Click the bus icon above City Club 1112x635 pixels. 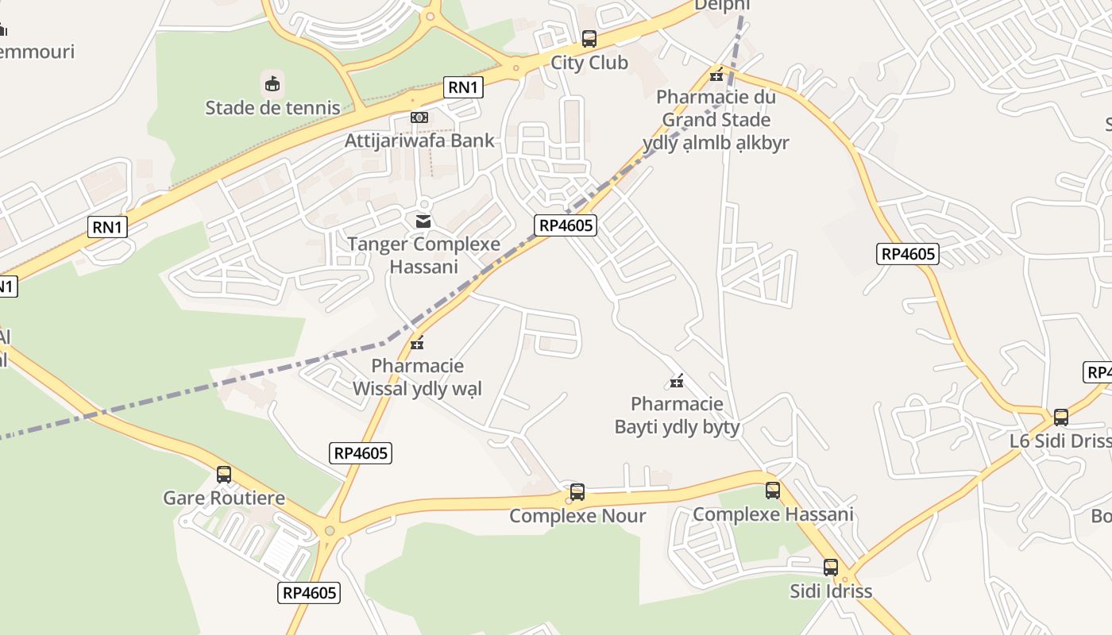point(589,39)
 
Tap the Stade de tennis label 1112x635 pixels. point(272,108)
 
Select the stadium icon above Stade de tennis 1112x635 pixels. point(272,83)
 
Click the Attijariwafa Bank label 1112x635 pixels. point(419,140)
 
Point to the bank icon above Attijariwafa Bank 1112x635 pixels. point(419,117)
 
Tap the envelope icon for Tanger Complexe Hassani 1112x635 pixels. point(423,221)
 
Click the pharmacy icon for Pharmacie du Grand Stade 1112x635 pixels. point(716,75)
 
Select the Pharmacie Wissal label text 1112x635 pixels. point(417,377)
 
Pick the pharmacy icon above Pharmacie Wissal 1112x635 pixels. point(417,343)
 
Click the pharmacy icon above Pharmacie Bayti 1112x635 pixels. point(677,382)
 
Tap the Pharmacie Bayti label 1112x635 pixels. point(677,415)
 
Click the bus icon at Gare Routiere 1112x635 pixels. point(224,475)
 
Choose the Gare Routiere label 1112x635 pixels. point(224,498)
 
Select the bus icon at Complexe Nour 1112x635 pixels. point(577,492)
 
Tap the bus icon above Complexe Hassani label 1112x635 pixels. point(773,491)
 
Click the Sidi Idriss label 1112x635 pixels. point(831,591)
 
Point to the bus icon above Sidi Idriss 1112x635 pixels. point(831,568)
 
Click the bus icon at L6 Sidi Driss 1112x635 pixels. point(1061,418)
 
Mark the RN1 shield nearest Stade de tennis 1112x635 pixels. point(462,87)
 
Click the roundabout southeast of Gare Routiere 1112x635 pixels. point(330,530)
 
